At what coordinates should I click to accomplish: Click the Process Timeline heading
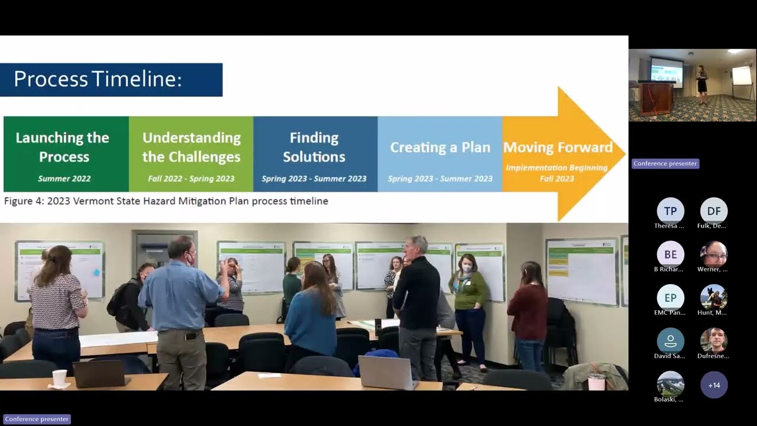tap(98, 79)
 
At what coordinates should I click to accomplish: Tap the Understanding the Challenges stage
tap(191, 154)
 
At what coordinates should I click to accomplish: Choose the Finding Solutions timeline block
tap(315, 154)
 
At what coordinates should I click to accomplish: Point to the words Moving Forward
tap(558, 147)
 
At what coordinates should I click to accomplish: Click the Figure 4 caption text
tap(166, 201)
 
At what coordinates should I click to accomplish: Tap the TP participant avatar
tap(670, 211)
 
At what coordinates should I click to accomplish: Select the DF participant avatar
tap(714, 211)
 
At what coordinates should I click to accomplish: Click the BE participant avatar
tap(670, 254)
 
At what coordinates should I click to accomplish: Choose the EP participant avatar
tap(670, 298)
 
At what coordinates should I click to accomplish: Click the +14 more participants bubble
tap(714, 385)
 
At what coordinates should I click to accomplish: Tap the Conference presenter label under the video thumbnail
tap(665, 163)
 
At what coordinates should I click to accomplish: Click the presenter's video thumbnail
tap(692, 85)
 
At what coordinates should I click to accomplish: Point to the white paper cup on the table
tap(60, 377)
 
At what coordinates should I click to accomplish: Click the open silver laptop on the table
tap(387, 372)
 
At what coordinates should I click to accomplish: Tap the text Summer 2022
tap(64, 179)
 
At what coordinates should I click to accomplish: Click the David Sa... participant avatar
tap(670, 341)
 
